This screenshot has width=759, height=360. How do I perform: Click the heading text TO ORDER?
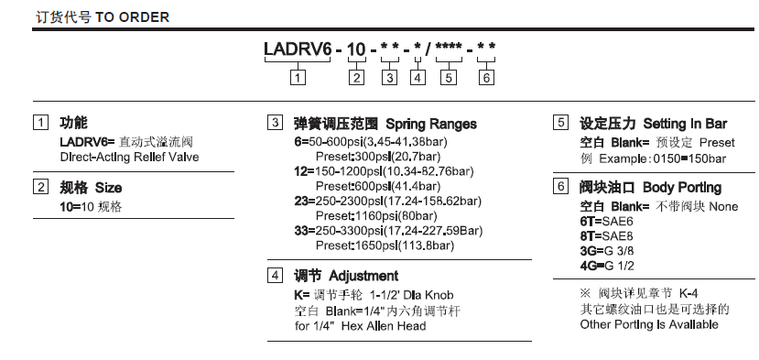point(132,17)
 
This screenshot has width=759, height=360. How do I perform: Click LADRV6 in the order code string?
point(298,49)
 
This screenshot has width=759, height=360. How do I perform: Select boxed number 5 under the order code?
point(449,78)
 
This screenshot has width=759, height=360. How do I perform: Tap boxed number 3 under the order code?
point(390,78)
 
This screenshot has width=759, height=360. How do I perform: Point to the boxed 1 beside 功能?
point(40,123)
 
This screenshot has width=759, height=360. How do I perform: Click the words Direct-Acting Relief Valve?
point(129,158)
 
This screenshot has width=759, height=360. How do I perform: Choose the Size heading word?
point(108,188)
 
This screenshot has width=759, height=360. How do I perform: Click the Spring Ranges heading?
point(431,124)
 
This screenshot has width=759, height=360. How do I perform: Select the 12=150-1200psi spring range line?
point(384,171)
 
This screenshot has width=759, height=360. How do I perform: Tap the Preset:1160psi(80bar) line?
point(376,215)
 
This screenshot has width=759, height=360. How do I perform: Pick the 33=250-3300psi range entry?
point(388,231)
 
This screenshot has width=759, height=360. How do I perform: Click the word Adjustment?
point(363,276)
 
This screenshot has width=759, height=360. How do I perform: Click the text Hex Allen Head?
point(384,326)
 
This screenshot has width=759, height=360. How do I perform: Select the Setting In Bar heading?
point(685,124)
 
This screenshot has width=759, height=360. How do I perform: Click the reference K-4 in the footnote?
point(689,293)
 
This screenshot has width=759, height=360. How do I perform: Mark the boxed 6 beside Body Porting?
point(560,186)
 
